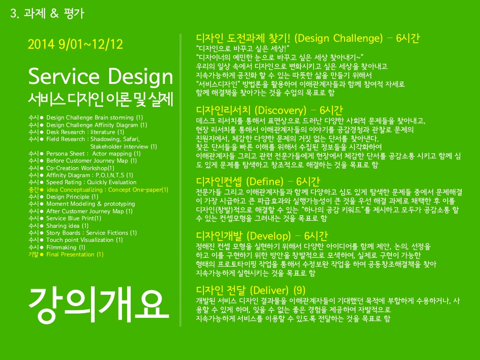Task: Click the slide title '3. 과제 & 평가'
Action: coord(47,14)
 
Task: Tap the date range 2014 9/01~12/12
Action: coord(75,45)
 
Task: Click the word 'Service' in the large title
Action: coord(64,76)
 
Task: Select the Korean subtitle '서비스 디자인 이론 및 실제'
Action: coord(101,99)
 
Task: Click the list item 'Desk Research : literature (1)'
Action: coord(85,132)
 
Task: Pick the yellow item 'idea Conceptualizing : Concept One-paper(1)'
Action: coord(107,190)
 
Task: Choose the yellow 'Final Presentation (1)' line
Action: coord(75,255)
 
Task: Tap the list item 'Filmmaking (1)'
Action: coord(66,247)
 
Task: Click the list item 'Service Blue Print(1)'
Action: coord(74,218)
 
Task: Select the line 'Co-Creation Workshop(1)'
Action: coord(80,168)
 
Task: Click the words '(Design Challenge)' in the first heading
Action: coord(338,38)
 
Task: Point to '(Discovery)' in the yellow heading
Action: coord(280,110)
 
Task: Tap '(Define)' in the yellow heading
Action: coord(265,181)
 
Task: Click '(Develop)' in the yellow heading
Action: coord(269,236)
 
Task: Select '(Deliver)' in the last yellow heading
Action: coord(270,290)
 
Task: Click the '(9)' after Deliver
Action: coord(300,290)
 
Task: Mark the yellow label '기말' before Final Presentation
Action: coord(33,255)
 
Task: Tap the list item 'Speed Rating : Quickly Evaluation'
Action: coord(91,182)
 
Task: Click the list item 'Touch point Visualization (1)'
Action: coord(84,240)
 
